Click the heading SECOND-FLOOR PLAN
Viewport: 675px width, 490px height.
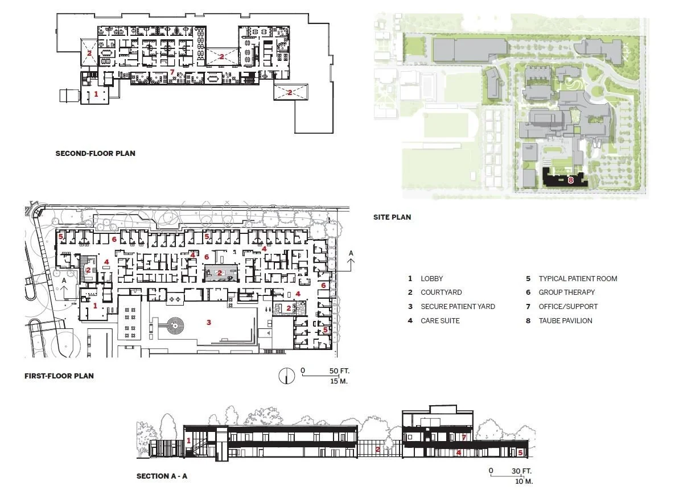95,153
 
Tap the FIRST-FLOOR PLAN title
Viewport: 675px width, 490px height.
59,376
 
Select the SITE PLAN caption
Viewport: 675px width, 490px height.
392,217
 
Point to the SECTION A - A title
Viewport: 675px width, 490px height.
162,476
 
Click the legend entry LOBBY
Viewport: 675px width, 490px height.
432,279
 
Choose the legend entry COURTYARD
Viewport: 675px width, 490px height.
441,293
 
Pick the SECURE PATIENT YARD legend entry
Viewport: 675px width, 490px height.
458,307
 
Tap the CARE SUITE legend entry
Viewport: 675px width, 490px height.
440,321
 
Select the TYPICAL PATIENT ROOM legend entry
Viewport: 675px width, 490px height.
578,279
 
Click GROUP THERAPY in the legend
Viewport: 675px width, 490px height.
566,293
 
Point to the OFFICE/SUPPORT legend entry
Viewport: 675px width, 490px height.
568,307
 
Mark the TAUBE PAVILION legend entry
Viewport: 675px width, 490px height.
565,321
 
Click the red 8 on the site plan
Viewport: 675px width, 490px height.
570,180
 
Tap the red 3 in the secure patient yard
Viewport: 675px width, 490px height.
209,322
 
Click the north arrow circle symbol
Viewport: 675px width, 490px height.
286,376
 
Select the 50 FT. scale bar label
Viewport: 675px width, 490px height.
339,370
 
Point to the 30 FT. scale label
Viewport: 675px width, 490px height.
521,471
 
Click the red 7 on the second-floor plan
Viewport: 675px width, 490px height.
172,72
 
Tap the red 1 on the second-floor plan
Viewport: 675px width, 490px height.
96,93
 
